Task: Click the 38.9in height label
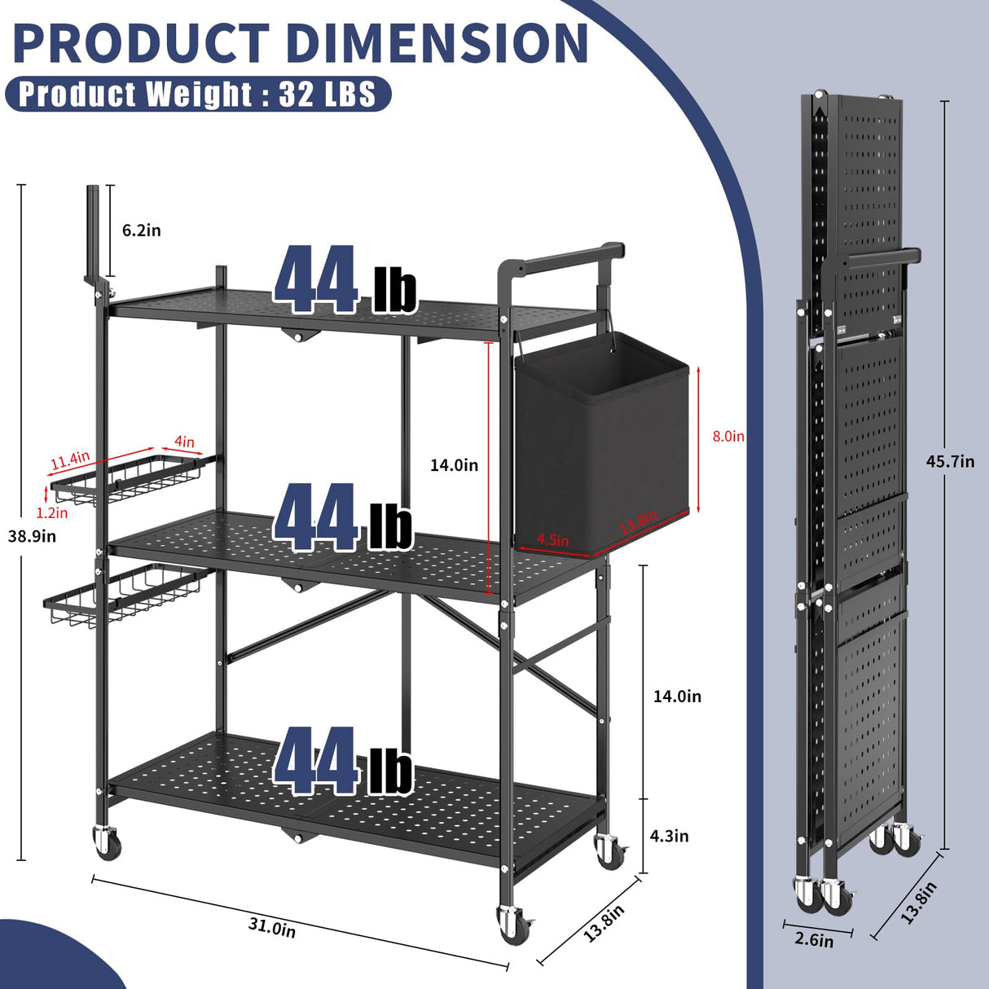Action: click(x=32, y=536)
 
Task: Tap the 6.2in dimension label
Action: click(x=141, y=231)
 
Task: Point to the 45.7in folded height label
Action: click(x=950, y=461)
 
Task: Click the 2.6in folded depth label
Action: click(x=814, y=940)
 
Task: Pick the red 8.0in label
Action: click(x=728, y=436)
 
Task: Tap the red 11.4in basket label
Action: click(x=70, y=460)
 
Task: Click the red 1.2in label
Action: click(x=52, y=512)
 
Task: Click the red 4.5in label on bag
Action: click(x=553, y=540)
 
